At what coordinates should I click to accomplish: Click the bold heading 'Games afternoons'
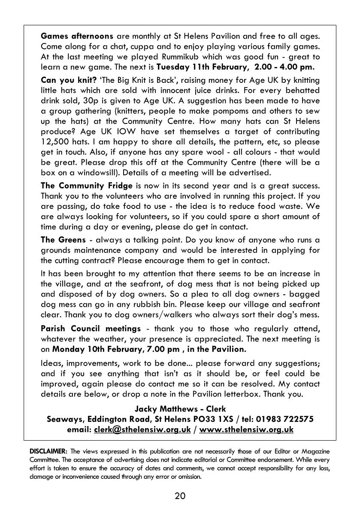tap(77, 36)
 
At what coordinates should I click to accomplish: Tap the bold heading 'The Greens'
tap(63, 239)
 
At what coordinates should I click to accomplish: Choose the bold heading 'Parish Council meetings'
tap(91, 328)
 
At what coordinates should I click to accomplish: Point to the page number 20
tap(180, 496)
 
